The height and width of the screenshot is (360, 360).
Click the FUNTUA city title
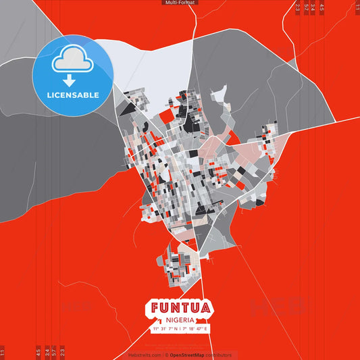click(x=180, y=308)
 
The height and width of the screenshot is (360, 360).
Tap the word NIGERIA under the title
click(x=180, y=319)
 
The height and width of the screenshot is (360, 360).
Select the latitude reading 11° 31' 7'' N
click(x=165, y=328)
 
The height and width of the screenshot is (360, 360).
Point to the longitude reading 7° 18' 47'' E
click(x=196, y=328)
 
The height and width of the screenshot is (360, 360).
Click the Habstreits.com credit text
click(x=145, y=355)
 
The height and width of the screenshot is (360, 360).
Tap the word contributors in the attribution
click(x=220, y=355)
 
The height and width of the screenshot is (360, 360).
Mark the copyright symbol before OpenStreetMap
click(x=167, y=355)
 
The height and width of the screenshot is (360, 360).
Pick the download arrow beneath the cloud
click(x=71, y=80)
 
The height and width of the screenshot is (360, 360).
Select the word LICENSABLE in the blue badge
click(x=72, y=95)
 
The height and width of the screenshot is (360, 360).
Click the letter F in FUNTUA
click(x=155, y=308)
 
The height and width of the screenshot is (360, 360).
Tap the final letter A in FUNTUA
click(x=206, y=308)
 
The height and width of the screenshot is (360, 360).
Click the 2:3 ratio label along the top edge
click(x=297, y=8)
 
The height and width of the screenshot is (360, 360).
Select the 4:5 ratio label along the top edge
click(x=322, y=8)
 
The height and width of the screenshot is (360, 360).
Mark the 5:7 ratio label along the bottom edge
click(x=54, y=351)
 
